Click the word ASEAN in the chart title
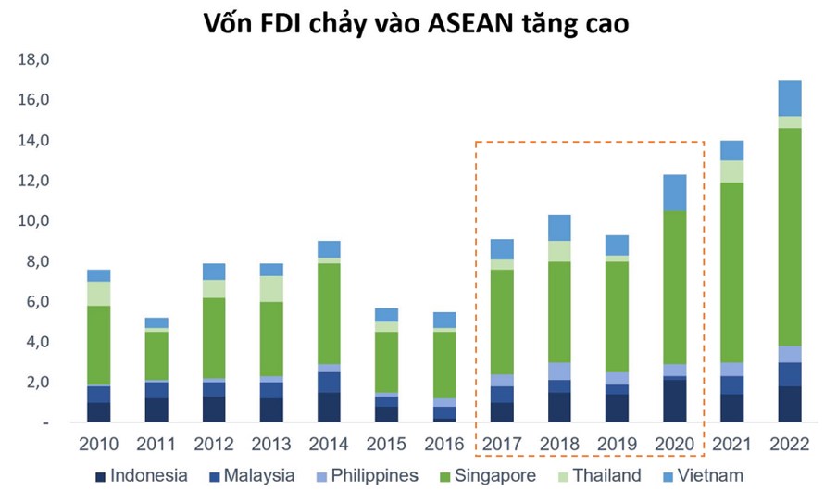coord(470,25)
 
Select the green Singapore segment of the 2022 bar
coord(790,236)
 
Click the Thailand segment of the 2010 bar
coord(99,294)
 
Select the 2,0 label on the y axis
coord(36,382)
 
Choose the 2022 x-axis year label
coord(790,445)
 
